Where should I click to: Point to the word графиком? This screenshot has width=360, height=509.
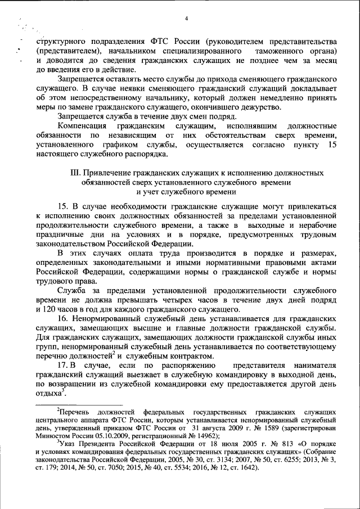130,146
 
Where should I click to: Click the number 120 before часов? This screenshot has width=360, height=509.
47,309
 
